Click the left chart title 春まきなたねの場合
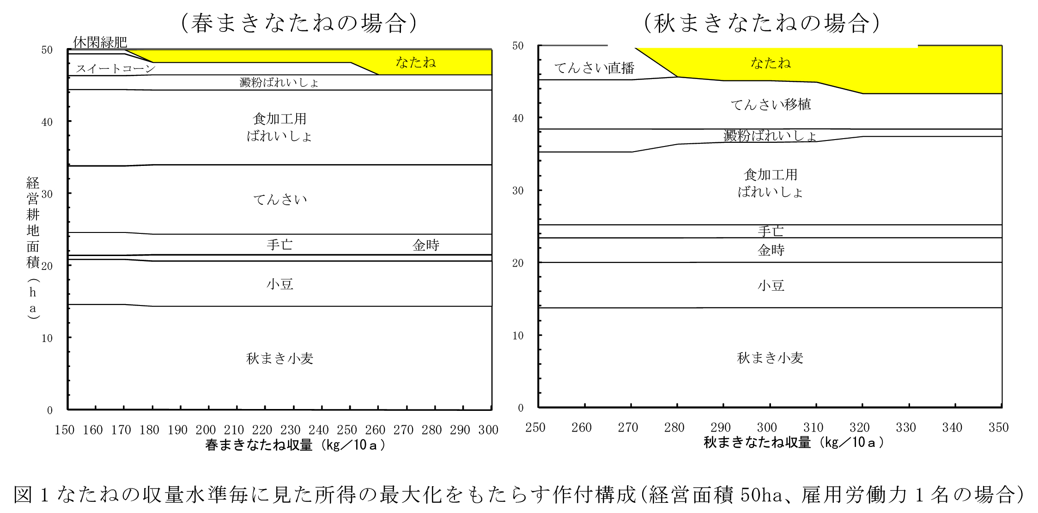point(299,23)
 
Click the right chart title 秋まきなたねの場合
point(762,23)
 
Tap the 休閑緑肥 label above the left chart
point(100,43)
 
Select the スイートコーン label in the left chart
point(115,69)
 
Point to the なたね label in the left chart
point(416,62)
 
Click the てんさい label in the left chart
point(280,199)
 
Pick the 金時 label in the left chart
point(425,245)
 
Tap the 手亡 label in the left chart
point(279,244)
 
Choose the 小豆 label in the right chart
point(771,285)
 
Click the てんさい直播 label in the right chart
point(594,68)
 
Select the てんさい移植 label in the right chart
point(771,104)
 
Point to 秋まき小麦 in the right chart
point(770,358)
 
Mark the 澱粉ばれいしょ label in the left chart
point(279,83)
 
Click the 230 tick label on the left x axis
point(290,430)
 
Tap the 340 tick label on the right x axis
point(952,427)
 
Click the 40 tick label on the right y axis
point(518,118)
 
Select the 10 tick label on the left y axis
point(47,338)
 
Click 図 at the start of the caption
point(23,495)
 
